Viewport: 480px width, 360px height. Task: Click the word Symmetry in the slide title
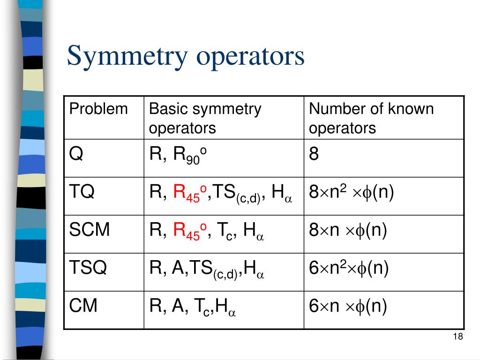[x=127, y=57]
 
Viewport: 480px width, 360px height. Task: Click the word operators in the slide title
[x=250, y=57]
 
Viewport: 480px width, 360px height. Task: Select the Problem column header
[x=98, y=109]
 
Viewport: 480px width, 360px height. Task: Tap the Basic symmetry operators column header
[x=205, y=119]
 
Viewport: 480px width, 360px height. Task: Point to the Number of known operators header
[x=371, y=119]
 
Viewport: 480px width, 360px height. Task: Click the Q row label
[x=76, y=153]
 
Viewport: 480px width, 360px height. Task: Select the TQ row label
[x=82, y=191]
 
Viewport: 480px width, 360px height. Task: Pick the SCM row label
[x=90, y=229]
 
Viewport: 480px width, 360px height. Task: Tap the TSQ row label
[x=88, y=267]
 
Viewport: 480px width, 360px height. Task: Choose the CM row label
[x=83, y=305]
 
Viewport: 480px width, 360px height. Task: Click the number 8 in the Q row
[x=314, y=153]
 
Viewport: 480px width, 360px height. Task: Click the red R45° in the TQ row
[x=190, y=193]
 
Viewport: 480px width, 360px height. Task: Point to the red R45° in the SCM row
[x=190, y=231]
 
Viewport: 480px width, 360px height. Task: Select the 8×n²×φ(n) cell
[x=351, y=192]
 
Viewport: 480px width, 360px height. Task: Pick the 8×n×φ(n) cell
[x=348, y=230]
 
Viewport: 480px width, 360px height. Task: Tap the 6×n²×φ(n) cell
[x=349, y=268]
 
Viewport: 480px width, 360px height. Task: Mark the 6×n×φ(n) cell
[x=348, y=306]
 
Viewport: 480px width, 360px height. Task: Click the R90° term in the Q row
[x=190, y=155]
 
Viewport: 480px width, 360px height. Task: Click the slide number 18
[x=458, y=337]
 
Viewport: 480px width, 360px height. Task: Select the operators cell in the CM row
[x=193, y=307]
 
